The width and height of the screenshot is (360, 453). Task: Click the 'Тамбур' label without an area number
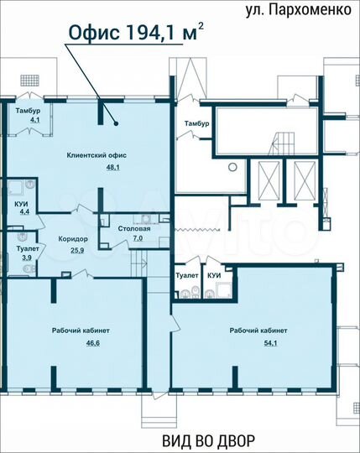pos(197,123)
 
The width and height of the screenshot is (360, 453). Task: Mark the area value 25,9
pos(78,250)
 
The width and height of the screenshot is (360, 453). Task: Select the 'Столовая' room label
pos(134,228)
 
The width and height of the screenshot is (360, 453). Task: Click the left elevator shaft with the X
pos(269,178)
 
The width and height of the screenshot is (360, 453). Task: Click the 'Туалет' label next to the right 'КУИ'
pos(187,275)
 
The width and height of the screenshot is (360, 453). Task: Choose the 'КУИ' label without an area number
pos(215,275)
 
